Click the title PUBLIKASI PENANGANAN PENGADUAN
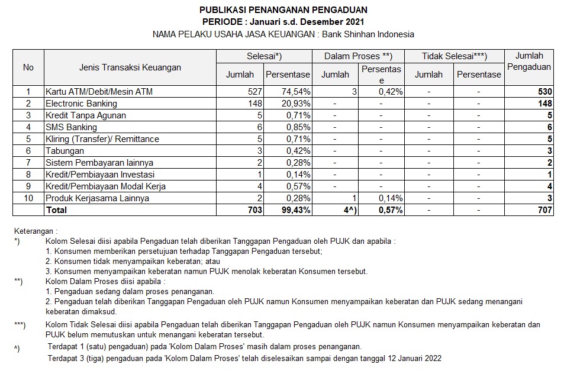click(283, 9)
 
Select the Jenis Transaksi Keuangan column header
click(130, 67)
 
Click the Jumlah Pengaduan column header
click(529, 62)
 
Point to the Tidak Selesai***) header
click(454, 56)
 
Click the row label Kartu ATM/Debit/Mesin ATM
click(94, 92)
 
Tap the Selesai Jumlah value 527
click(253, 92)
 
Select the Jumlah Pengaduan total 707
click(544, 210)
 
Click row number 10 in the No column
click(28, 198)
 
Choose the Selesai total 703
click(253, 210)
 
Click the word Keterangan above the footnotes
click(36, 231)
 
